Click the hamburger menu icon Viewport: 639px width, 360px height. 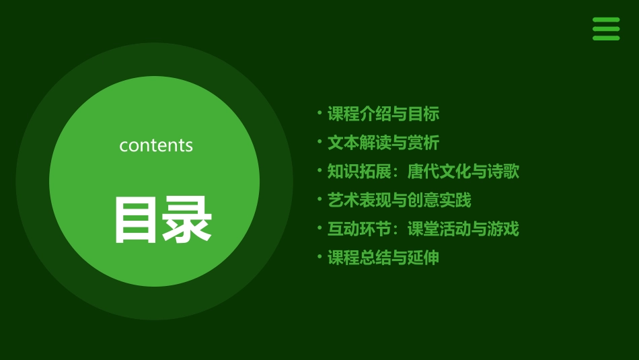pos(606,29)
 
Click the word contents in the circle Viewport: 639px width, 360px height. pos(156,145)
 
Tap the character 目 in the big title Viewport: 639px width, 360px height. pos(136,220)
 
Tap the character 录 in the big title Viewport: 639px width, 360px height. pos(186,220)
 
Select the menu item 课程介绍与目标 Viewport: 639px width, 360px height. pos(383,114)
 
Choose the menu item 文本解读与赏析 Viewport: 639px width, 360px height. pos(383,143)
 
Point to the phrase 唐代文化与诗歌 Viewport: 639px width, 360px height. pos(463,172)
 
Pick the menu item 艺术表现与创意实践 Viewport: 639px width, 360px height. pos(400,200)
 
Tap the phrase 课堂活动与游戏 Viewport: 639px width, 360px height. pos(463,229)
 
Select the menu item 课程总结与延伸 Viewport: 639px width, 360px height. pos(383,258)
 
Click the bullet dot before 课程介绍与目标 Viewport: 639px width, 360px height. pos(319,112)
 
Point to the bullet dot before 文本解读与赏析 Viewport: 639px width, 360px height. pos(319,141)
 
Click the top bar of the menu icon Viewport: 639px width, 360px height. pos(606,20)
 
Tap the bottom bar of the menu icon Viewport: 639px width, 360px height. pos(606,38)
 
